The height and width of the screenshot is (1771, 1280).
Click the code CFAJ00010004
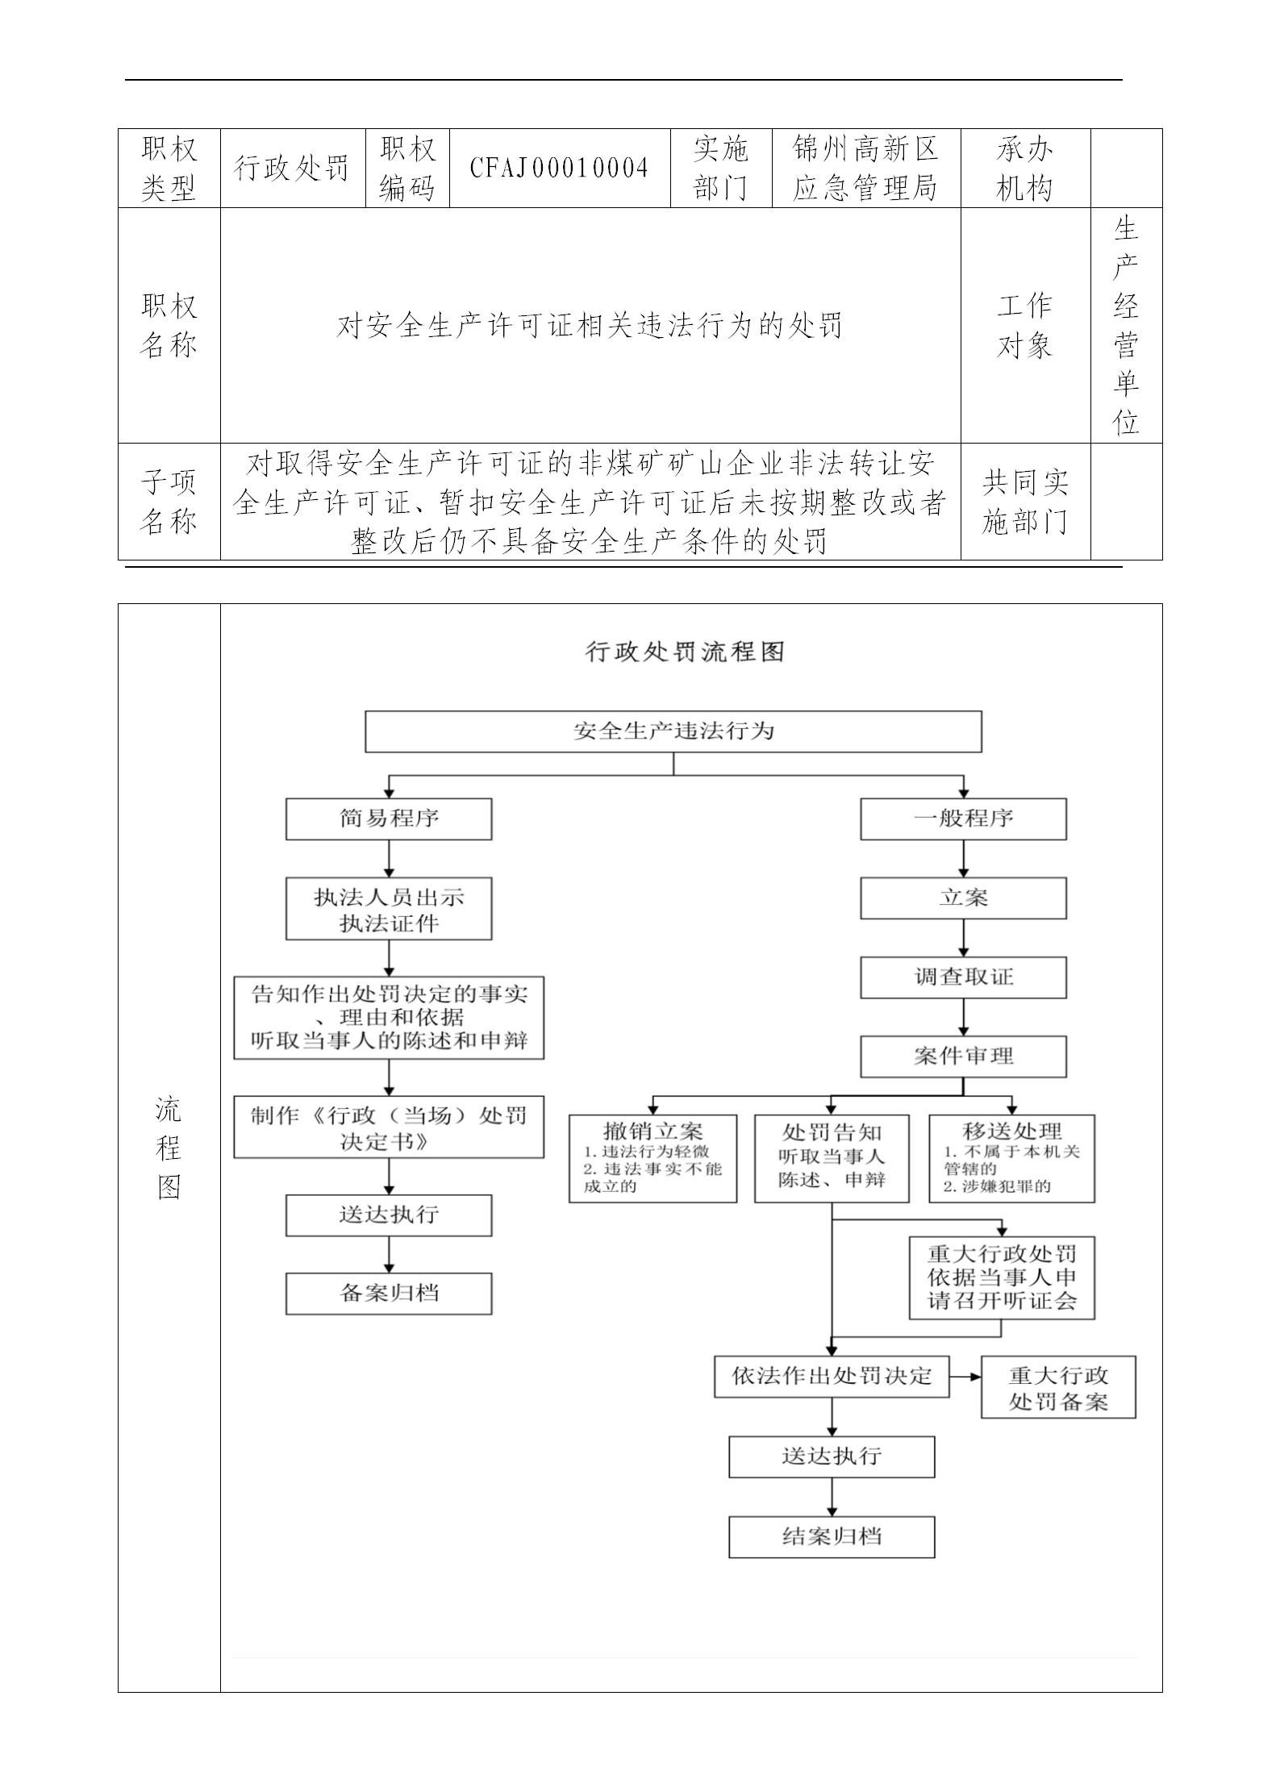point(560,168)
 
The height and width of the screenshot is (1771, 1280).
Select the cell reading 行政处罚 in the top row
point(292,168)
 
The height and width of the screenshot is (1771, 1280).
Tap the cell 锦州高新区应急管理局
point(865,168)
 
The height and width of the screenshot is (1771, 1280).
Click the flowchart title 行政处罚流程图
point(685,652)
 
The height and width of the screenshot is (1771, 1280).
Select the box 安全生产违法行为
point(673,731)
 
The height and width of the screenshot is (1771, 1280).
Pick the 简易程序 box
point(389,819)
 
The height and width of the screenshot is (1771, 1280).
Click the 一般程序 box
point(963,819)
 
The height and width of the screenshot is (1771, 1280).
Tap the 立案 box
point(963,898)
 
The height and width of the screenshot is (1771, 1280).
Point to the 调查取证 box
point(963,977)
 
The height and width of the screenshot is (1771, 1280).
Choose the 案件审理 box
point(963,1056)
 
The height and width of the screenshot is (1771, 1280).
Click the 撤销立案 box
point(653,1158)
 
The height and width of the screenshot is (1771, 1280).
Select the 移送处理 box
point(1011,1158)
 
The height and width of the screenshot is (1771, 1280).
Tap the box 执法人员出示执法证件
point(389,910)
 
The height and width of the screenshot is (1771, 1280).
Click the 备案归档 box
point(389,1294)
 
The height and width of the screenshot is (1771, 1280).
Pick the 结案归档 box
point(832,1536)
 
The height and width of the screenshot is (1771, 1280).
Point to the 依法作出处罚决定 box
point(832,1376)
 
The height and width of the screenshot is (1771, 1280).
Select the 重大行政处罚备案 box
point(1058,1387)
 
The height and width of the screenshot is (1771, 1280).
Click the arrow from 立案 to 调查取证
point(964,938)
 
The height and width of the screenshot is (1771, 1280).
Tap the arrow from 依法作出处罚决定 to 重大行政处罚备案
point(965,1376)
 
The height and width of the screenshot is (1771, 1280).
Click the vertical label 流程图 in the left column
point(169,1148)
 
